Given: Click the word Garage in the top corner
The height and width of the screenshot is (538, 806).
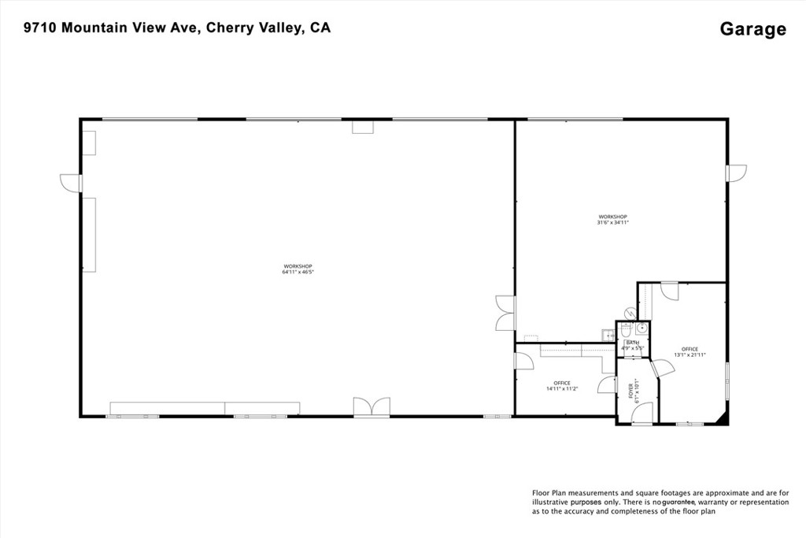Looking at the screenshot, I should pyautogui.click(x=752, y=29).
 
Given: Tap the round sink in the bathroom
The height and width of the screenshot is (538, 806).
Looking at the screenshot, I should pyautogui.click(x=641, y=328).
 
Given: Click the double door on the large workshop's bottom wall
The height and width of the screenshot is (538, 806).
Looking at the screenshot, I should pyautogui.click(x=372, y=406).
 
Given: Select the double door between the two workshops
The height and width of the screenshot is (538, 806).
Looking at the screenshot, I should pyautogui.click(x=505, y=313).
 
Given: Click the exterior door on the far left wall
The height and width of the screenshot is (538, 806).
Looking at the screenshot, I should pyautogui.click(x=71, y=183).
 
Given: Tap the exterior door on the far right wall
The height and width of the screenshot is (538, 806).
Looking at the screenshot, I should pyautogui.click(x=737, y=173).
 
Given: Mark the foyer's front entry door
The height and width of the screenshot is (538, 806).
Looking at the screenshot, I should pyautogui.click(x=642, y=414).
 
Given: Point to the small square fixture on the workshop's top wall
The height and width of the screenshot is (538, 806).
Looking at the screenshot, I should pyautogui.click(x=362, y=127).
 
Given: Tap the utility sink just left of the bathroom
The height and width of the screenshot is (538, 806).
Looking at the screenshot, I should pyautogui.click(x=607, y=335).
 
